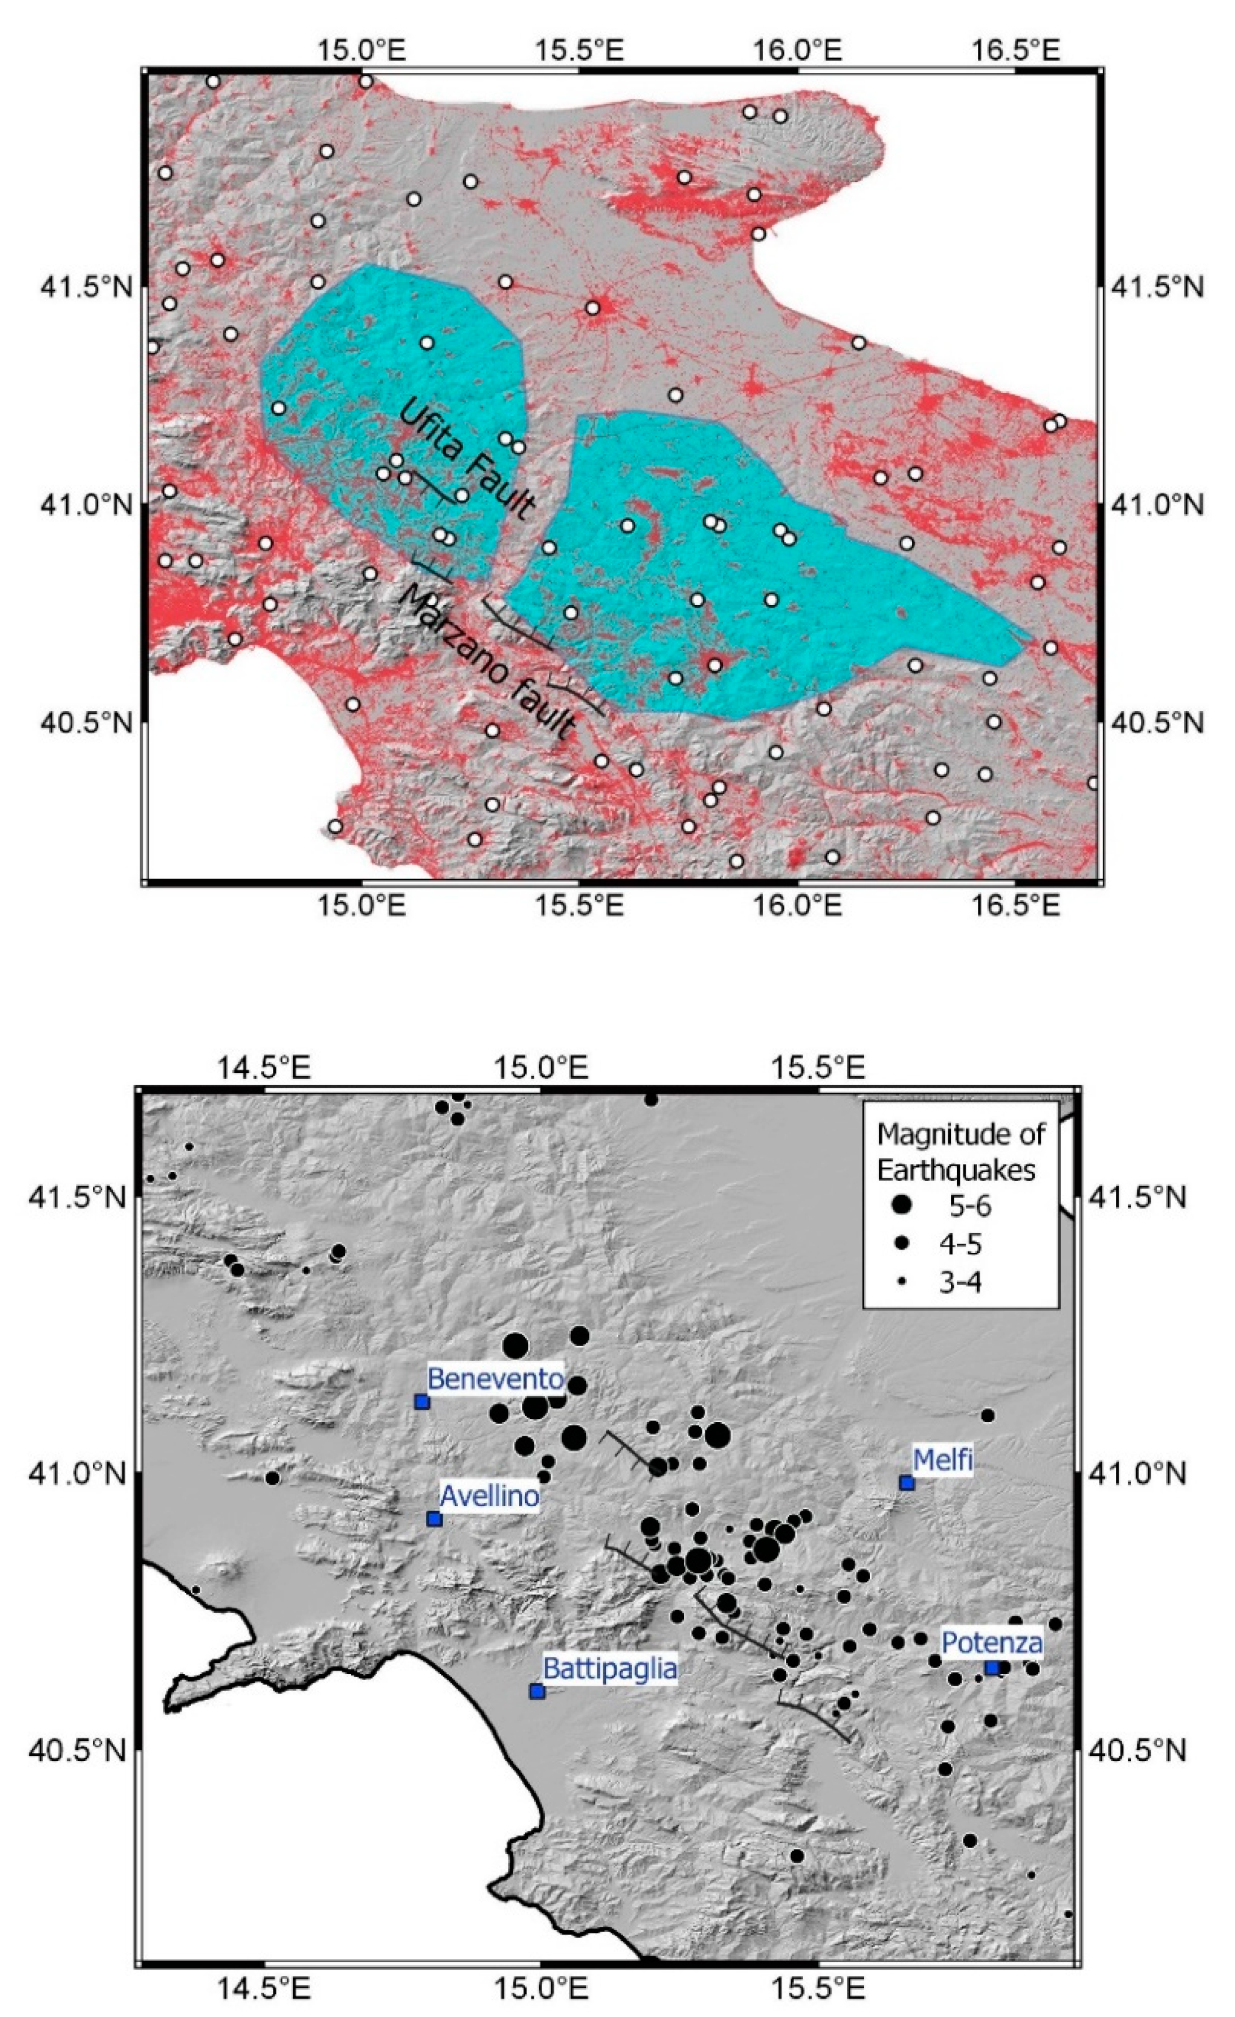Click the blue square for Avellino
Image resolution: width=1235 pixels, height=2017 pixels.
point(435,1519)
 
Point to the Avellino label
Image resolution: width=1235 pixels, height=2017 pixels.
point(490,1496)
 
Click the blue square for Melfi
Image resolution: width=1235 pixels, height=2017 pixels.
point(906,1483)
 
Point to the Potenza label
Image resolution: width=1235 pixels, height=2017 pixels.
point(992,1643)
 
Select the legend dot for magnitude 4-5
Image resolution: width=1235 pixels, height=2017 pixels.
point(902,1243)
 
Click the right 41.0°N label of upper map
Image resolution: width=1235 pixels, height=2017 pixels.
point(1155,505)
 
